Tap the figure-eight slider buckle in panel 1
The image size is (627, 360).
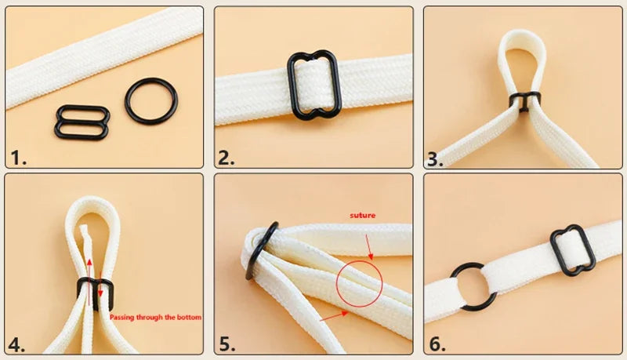pos(82,122)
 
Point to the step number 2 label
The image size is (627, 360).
pos(227,158)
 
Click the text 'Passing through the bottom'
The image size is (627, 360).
pos(155,318)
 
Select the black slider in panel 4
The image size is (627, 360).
pos(92,292)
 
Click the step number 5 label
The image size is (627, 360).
pos(227,344)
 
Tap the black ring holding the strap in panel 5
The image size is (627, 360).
pos(261,250)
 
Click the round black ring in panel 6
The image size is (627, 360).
pos(473,286)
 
